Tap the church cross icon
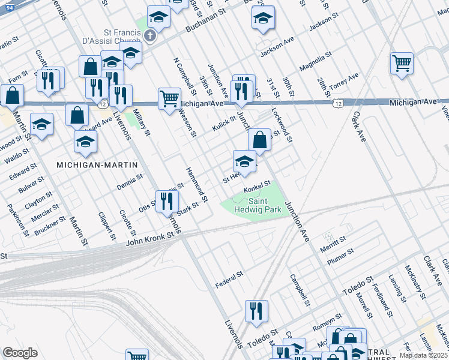(x=149, y=37)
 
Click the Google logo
(x=20, y=353)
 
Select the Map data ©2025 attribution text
(x=424, y=355)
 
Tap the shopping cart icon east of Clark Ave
(x=402, y=62)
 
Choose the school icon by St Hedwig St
(x=244, y=161)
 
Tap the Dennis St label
(x=130, y=181)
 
